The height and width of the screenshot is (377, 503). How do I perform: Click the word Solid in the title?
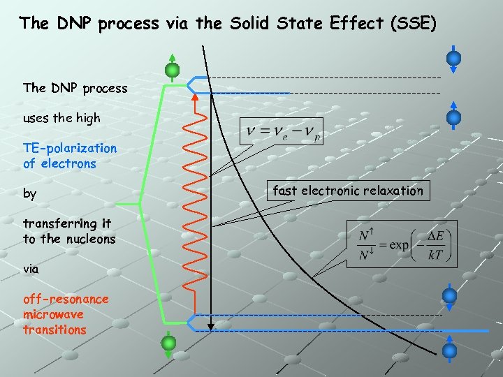pyautogui.click(x=254, y=24)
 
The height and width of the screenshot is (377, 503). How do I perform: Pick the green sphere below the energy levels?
pyautogui.click(x=168, y=341)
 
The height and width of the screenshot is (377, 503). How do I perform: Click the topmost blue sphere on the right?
pyautogui.click(x=453, y=57)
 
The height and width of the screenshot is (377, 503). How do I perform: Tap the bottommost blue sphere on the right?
pyautogui.click(x=451, y=350)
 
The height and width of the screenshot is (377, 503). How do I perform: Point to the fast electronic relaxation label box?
pyautogui.click(x=348, y=191)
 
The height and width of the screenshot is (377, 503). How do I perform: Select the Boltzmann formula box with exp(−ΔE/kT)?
pyautogui.click(x=402, y=244)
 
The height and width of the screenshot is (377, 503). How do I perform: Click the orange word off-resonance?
pyautogui.click(x=66, y=299)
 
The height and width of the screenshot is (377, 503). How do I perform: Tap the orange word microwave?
pyautogui.click(x=54, y=314)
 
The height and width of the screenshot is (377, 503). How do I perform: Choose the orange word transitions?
pyautogui.click(x=54, y=330)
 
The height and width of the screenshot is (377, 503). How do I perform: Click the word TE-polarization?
pyautogui.click(x=70, y=148)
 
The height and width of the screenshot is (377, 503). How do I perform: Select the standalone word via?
pyautogui.click(x=31, y=268)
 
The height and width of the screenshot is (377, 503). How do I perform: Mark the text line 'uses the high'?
pyautogui.click(x=61, y=118)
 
